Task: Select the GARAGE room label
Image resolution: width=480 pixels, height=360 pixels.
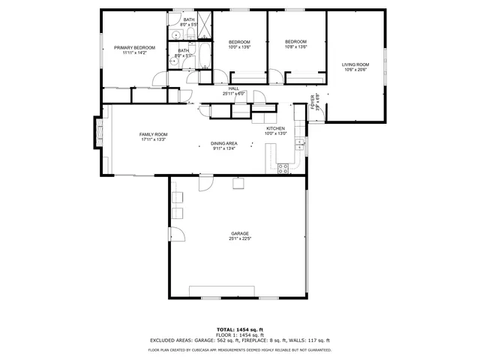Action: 239,234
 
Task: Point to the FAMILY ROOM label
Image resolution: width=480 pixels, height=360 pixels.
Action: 152,134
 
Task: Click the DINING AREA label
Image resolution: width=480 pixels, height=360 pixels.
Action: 223,143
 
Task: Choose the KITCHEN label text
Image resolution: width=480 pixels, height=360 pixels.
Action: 276,128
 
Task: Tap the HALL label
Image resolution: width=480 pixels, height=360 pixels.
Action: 234,88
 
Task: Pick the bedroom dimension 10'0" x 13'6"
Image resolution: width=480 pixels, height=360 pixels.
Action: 238,46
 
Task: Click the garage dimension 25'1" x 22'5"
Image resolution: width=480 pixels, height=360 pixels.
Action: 239,239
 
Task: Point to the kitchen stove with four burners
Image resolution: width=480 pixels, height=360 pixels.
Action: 283,169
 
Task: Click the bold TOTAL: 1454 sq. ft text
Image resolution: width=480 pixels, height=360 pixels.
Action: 239,329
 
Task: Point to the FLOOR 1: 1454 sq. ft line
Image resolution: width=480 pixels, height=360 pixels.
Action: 239,334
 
